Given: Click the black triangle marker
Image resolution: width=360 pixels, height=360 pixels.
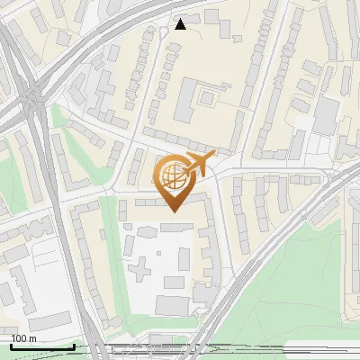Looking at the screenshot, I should pos(181,24).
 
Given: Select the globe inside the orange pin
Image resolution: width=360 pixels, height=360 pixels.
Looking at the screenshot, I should pos(172,177).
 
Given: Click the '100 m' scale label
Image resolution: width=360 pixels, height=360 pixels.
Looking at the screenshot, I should pos(23,337).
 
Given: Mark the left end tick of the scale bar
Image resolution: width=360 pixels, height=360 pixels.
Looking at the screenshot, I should pos(12,346).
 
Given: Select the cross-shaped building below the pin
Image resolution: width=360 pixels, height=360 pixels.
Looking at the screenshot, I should pos(143,267).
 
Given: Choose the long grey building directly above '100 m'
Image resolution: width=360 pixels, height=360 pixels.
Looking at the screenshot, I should pos(49,321).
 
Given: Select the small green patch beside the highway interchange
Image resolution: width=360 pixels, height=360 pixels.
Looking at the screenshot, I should pos(59,118).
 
